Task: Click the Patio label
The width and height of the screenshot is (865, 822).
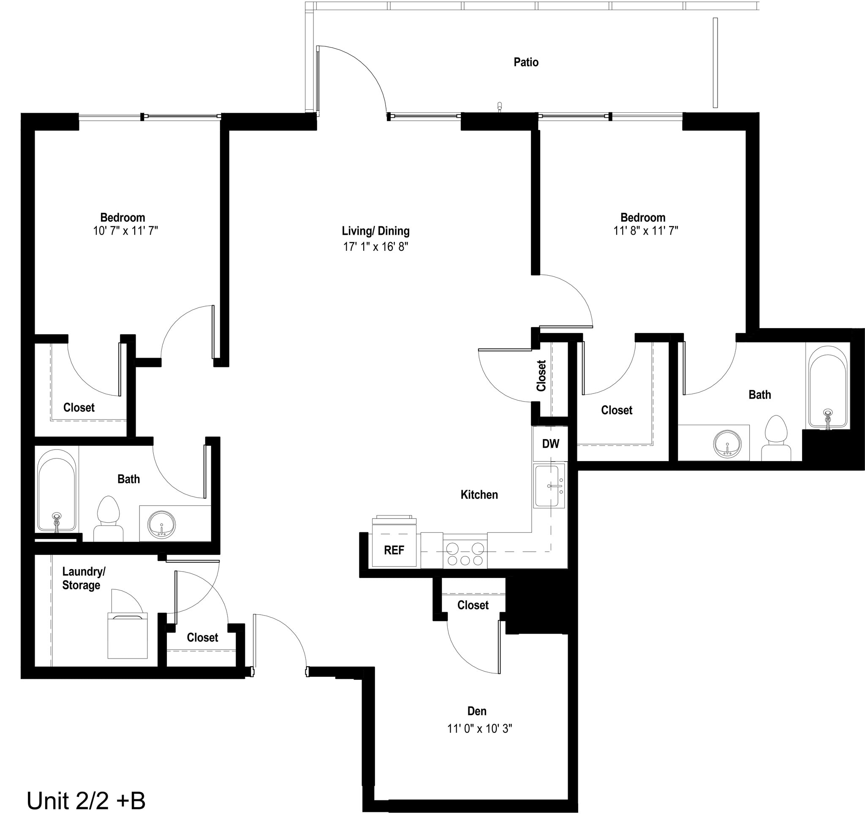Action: pos(526,62)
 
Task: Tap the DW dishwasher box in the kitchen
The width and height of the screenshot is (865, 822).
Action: pos(550,444)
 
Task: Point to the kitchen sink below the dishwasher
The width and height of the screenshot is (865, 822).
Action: pos(549,486)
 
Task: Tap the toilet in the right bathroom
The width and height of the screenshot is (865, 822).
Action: pos(776,438)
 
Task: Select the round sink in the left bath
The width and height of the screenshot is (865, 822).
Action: pos(161,524)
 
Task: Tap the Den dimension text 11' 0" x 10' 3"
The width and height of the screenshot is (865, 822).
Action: pos(480,728)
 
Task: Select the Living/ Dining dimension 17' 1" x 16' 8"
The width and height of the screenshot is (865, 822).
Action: pos(376,247)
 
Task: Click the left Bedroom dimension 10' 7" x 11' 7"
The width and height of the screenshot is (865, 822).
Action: pos(125,231)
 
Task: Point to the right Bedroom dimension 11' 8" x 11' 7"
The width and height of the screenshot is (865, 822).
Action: pos(645,231)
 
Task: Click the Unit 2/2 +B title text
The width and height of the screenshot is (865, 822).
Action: pos(86,800)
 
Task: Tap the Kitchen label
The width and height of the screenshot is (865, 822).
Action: pos(479,495)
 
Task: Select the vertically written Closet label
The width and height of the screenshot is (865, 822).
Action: pos(541,375)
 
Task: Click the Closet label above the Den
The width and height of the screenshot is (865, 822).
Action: pos(473,605)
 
